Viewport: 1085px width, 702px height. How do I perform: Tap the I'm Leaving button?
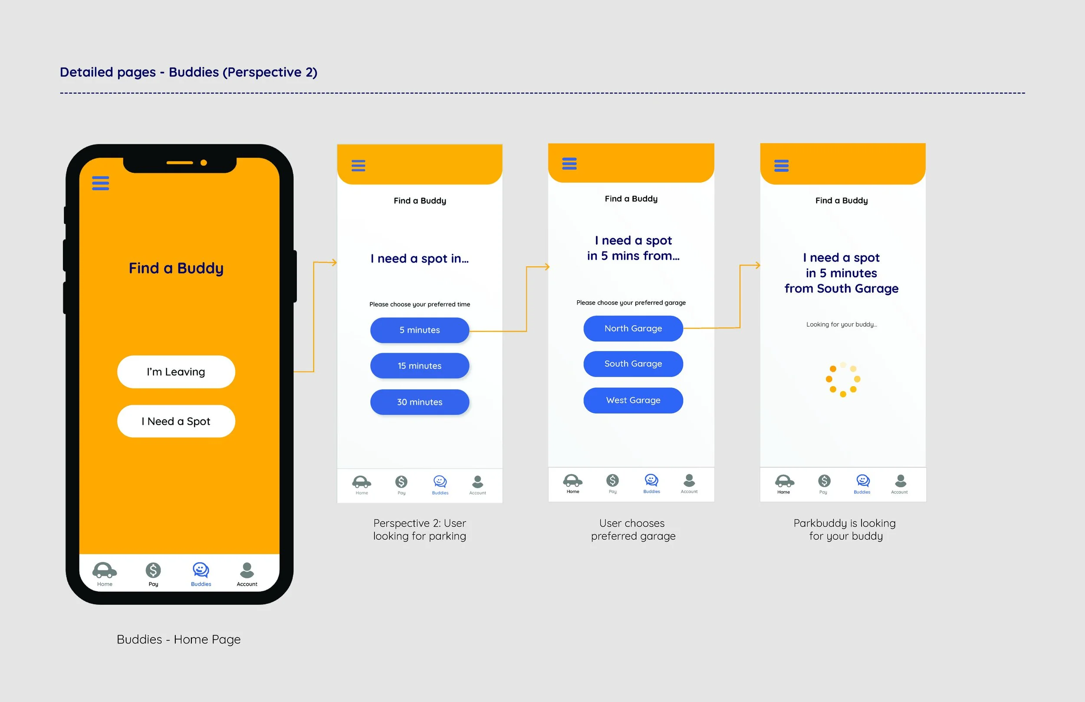click(x=176, y=372)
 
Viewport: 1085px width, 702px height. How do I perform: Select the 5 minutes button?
click(x=419, y=330)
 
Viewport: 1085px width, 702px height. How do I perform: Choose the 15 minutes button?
click(x=419, y=366)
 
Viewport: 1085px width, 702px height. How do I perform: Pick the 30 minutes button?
click(x=419, y=402)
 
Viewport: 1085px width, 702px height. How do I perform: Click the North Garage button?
click(x=633, y=328)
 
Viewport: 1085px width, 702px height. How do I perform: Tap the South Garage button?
click(x=633, y=364)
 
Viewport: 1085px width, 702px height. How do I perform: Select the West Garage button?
click(x=633, y=400)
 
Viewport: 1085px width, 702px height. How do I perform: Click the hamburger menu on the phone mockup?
click(x=100, y=183)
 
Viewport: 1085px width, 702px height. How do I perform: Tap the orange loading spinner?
click(x=843, y=379)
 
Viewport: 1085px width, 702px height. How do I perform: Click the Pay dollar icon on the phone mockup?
click(x=153, y=570)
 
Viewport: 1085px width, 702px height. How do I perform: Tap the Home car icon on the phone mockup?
click(x=105, y=570)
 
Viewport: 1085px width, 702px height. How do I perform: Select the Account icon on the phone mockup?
click(x=247, y=570)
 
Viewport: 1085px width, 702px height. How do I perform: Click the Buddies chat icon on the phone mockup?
click(x=201, y=570)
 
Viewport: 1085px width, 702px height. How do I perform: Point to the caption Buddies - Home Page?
click(x=178, y=640)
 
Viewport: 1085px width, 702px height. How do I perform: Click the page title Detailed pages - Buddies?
click(x=188, y=72)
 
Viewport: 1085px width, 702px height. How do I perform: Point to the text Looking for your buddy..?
click(x=841, y=325)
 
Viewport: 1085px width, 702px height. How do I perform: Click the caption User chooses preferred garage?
click(x=633, y=529)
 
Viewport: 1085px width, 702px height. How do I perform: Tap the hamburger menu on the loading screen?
click(x=781, y=166)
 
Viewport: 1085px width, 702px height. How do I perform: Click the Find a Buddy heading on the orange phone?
click(x=176, y=268)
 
